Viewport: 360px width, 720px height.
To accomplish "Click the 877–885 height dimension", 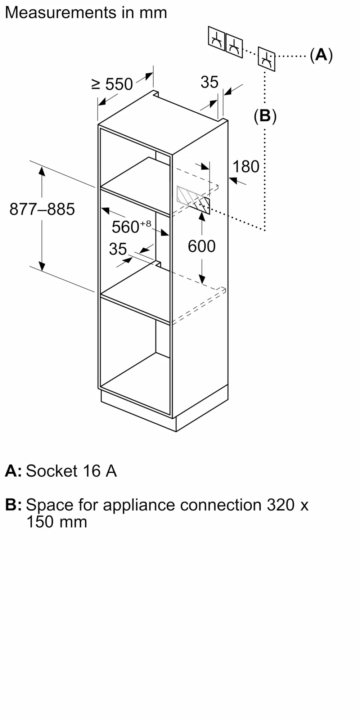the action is pos(42,209).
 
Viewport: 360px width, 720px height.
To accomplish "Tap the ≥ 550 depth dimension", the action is pos(112,84).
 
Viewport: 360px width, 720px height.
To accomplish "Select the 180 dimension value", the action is pos(246,167).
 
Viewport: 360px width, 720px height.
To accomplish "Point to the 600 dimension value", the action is pos(202,246).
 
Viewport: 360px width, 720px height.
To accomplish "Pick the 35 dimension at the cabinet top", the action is pos(210,82).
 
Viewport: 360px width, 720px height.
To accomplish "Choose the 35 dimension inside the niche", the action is pos(118,249).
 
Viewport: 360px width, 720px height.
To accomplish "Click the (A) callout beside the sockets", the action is pos(321,55).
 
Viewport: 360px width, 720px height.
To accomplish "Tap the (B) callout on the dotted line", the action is pos(265,116).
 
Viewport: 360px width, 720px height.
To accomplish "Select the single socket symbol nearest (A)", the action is pos(266,59).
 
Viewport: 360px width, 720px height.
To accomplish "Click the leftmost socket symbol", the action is pos(216,39).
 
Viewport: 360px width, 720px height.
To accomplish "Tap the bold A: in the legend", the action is pos(13,471).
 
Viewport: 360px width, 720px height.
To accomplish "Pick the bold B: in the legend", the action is pos(14,505).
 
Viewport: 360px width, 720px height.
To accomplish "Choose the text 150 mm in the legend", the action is pos(57,522).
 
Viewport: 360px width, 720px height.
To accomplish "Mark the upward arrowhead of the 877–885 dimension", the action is pos(42,171).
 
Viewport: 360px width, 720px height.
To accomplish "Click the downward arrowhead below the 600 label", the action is pos(202,279).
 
